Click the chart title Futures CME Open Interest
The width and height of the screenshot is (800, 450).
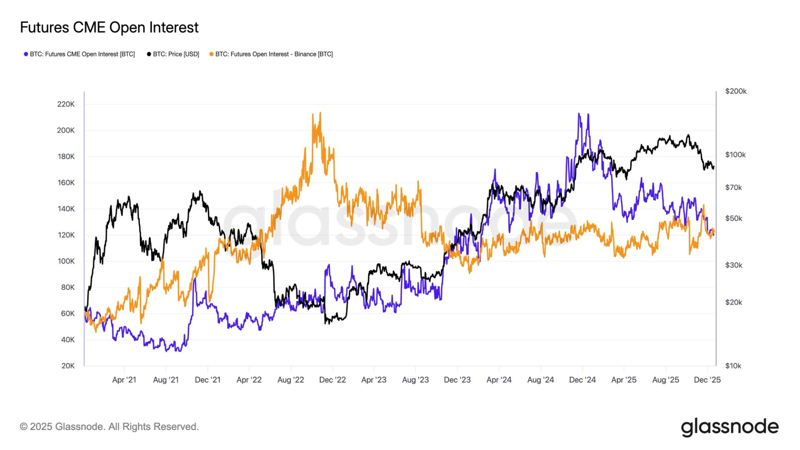109,27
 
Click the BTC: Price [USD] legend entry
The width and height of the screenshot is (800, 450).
173,54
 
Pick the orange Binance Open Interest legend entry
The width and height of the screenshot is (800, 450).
271,54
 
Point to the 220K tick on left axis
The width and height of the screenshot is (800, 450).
66,104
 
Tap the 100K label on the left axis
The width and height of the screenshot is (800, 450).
66,261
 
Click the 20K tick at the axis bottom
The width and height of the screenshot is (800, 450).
67,366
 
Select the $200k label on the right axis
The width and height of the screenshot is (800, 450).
735,91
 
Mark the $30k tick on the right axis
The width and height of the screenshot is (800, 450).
733,265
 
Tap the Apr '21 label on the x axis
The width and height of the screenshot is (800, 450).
124,380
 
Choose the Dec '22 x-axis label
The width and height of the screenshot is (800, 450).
332,380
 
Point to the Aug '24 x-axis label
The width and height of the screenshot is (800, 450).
540,380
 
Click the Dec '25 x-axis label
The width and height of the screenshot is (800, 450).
707,380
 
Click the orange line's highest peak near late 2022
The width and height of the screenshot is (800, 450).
320,112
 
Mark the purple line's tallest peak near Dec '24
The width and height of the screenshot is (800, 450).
579,113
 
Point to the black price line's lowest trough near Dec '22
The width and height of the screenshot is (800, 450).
325,323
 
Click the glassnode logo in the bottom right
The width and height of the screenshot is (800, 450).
730,427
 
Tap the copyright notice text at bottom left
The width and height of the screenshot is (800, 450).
109,427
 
